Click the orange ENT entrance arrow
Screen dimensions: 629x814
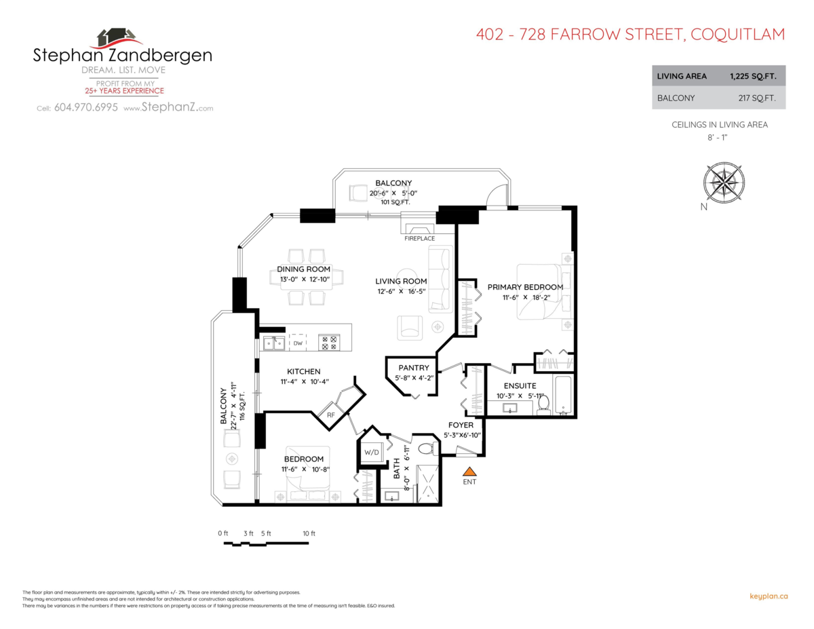(469, 471)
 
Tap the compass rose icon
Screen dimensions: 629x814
(724, 182)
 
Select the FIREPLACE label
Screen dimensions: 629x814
(419, 239)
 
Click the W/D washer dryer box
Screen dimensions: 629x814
(372, 452)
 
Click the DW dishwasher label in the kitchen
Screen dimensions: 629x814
(298, 343)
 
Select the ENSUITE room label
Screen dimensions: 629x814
(520, 385)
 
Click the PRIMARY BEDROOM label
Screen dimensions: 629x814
(525, 287)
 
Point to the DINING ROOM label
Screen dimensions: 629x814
(303, 269)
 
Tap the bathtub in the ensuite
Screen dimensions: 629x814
(564, 396)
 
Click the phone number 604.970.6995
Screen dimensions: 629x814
(85, 108)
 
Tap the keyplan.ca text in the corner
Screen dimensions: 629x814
(768, 596)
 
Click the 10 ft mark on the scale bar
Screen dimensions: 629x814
(309, 534)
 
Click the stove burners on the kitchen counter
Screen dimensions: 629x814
(330, 343)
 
